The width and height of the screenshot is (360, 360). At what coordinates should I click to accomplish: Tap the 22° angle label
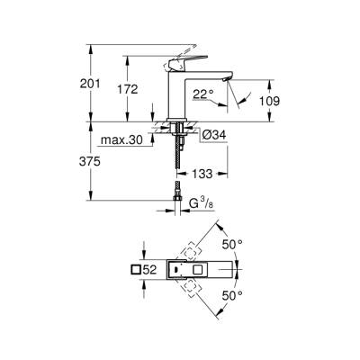click(x=205, y=93)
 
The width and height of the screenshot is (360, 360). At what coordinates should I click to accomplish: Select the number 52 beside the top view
click(x=153, y=269)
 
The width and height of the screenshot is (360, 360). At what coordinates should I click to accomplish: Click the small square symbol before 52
click(x=137, y=269)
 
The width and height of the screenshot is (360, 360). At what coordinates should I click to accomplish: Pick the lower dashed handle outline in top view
click(x=193, y=288)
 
